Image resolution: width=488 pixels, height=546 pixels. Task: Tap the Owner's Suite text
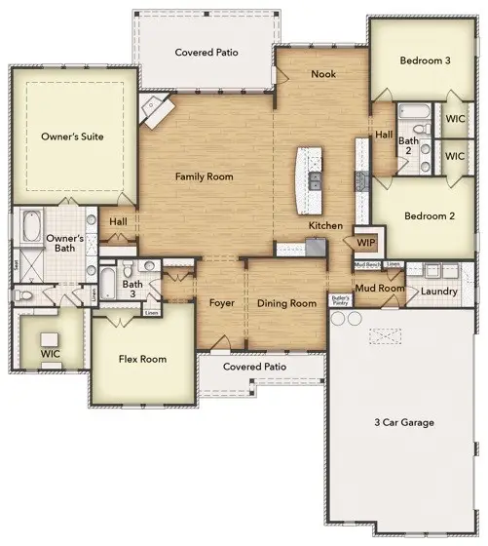point(72,137)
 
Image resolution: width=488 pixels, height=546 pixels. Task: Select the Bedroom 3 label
point(425,60)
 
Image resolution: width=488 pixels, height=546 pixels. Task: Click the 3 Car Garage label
point(403,422)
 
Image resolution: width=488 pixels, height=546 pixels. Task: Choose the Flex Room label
point(142,359)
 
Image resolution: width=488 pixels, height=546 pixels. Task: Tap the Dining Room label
point(286,303)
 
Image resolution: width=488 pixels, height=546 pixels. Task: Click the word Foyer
point(222,303)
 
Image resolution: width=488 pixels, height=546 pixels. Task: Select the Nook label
point(323,74)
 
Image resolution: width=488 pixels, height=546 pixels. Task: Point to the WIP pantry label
point(366,242)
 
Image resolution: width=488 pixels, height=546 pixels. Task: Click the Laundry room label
point(440,290)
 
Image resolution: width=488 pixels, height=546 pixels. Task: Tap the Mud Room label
point(380,288)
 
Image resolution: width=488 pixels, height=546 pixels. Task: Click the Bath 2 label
point(407,146)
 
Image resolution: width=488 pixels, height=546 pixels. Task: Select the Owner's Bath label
point(66,243)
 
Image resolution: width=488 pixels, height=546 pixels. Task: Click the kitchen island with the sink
point(313,180)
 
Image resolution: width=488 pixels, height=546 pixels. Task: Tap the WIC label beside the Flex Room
point(50,354)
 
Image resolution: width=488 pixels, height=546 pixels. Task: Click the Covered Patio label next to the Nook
point(206,53)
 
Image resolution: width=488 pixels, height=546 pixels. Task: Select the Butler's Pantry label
point(340,300)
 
